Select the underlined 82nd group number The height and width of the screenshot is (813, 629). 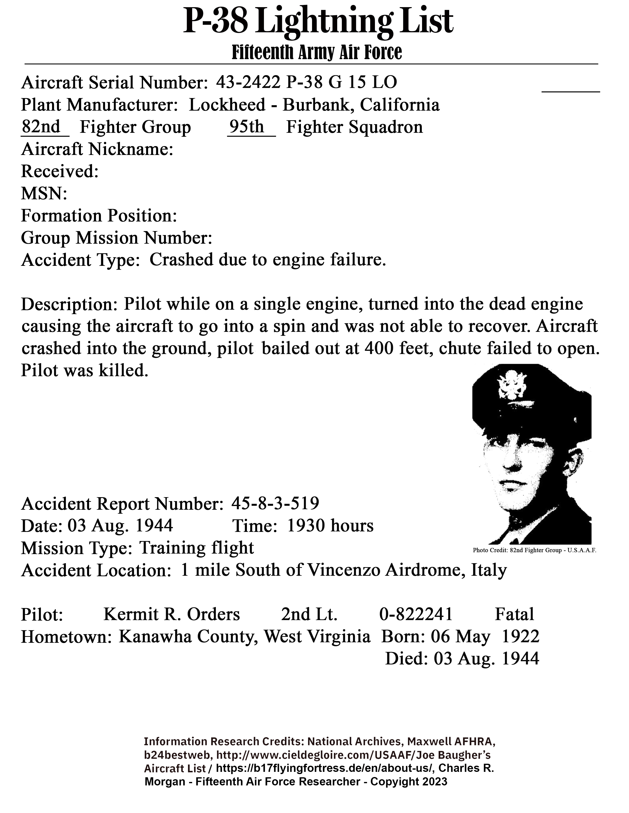pos(41,127)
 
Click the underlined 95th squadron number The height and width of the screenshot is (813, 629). pos(246,127)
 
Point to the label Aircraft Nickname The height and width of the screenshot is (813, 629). pos(97,150)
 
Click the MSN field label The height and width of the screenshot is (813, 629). pos(44,194)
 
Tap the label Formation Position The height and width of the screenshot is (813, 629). pos(99,216)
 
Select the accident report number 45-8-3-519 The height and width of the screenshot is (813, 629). pos(275,504)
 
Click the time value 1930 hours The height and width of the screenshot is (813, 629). pos(330,526)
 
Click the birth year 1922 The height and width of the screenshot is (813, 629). pos(520,637)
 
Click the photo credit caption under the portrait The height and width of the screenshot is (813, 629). pos(534,550)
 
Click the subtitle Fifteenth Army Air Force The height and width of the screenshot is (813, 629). pos(317,52)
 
